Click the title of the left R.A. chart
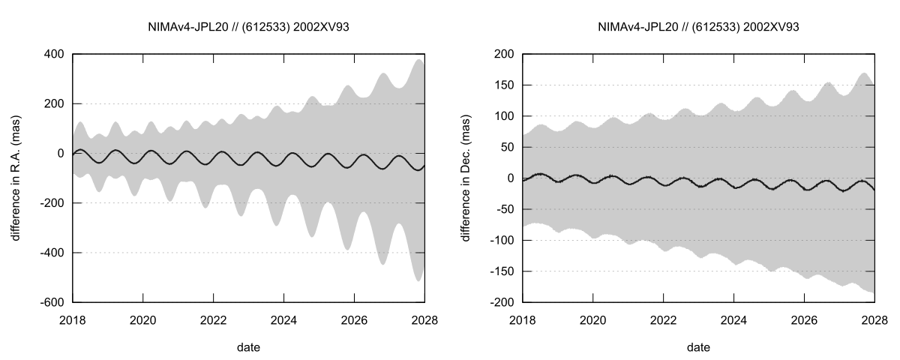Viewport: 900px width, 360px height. tap(248, 27)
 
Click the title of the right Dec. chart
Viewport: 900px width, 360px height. tap(698, 27)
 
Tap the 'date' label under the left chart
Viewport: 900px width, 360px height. tap(248, 347)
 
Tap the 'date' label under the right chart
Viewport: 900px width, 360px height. tap(698, 347)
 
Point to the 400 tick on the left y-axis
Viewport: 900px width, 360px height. tap(52, 54)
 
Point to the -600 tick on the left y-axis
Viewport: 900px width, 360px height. tap(49, 302)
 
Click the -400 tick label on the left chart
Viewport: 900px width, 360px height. tap(49, 253)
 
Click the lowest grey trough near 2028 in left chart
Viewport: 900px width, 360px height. tap(418, 280)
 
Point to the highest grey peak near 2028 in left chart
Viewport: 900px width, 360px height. tap(419, 60)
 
